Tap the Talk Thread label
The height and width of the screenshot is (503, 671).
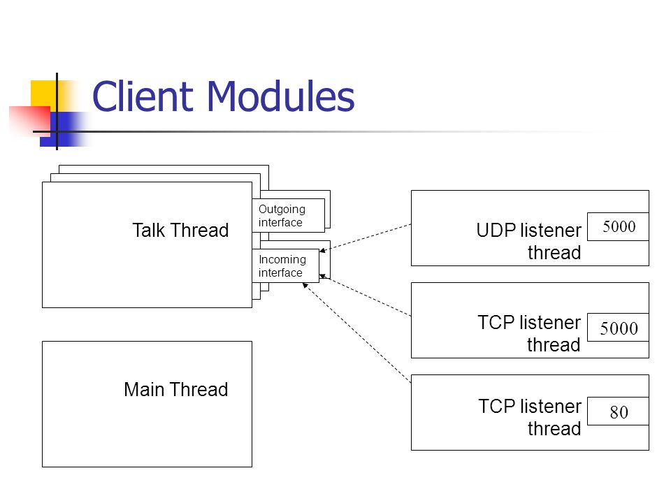[180, 230]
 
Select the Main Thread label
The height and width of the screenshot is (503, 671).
[176, 389]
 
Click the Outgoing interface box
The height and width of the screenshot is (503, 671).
[289, 216]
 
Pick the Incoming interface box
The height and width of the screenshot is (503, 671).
[285, 265]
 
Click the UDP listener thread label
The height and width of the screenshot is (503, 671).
[529, 241]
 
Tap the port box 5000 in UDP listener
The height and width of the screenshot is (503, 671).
[618, 226]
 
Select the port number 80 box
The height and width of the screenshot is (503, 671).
[618, 411]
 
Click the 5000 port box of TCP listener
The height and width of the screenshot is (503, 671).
[618, 328]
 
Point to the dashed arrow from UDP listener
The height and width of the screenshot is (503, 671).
[366, 238]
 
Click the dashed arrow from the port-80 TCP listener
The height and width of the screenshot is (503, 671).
[357, 333]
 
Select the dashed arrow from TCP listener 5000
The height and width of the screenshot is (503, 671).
[366, 296]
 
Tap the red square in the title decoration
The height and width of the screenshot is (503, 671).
[29, 121]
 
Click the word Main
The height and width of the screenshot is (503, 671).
[144, 389]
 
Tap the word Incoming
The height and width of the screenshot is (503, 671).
[282, 260]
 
